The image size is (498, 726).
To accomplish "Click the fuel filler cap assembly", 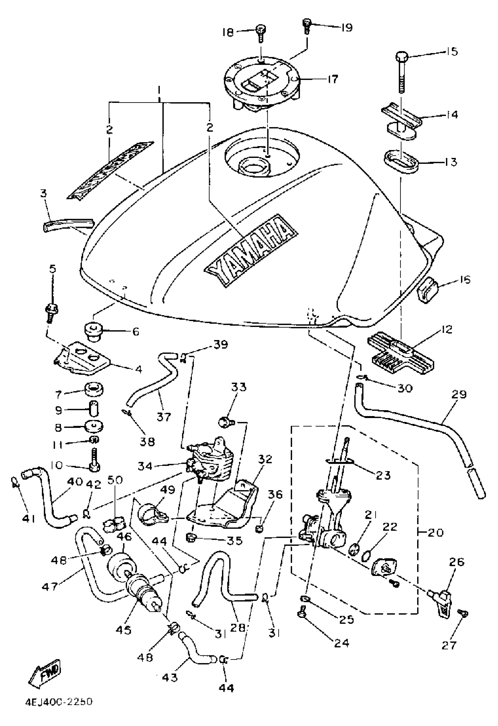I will pos(262,84).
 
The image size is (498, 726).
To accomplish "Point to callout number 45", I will pos(123,630).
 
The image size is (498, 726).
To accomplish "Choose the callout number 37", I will pos(164,416).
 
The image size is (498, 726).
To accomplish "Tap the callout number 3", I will pos(43,193).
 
